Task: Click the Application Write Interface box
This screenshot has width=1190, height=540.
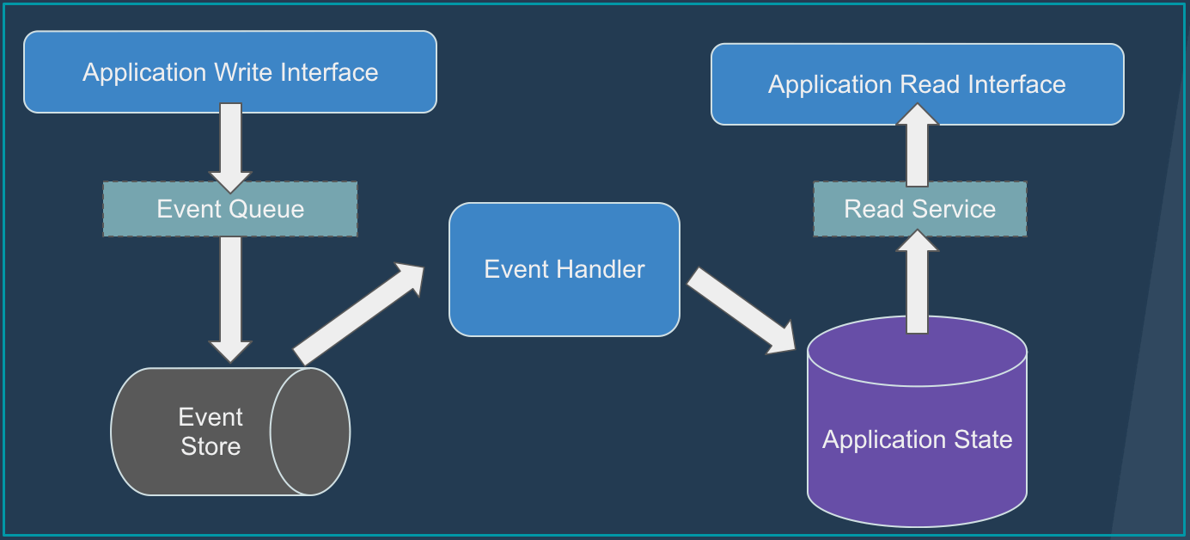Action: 229,72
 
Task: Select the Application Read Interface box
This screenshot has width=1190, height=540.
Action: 917,84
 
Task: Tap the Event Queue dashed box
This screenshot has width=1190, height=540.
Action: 229,209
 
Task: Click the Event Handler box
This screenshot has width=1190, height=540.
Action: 564,269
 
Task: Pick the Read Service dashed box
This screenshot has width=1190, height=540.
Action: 919,209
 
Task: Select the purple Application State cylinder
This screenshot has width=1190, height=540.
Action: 917,440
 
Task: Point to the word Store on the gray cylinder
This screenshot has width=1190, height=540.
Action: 211,446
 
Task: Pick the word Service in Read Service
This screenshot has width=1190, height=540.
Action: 956,209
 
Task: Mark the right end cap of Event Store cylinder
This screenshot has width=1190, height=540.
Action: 310,432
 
